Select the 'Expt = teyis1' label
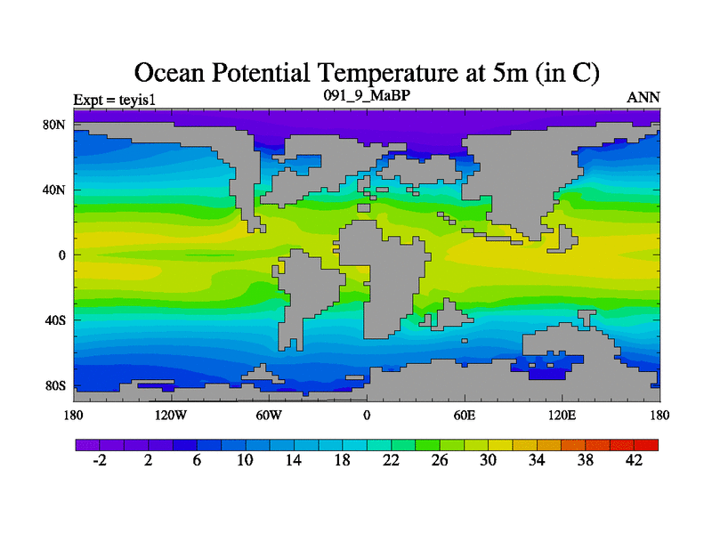(115, 98)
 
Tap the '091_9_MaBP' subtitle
(366, 94)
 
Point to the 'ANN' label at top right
(643, 98)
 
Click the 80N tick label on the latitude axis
(56, 125)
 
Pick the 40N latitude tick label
(56, 190)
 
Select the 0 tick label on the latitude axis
(63, 255)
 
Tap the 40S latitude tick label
(56, 320)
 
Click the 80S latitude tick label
(56, 385)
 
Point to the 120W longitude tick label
(170, 415)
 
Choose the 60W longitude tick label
(269, 415)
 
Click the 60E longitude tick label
(465, 415)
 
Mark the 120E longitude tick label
(562, 415)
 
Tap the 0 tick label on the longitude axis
(367, 415)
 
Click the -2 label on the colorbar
(100, 460)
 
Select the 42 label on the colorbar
(634, 460)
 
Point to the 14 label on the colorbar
(294, 460)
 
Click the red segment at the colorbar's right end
(646, 444)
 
